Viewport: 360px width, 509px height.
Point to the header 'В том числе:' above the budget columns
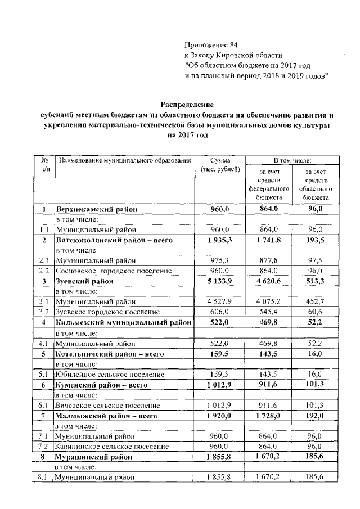coord(292,161)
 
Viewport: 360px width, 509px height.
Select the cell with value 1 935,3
coord(221,240)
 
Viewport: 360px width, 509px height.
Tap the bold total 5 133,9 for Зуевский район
coord(221,281)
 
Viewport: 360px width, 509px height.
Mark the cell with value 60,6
coord(316,311)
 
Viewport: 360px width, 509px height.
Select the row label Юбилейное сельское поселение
coord(107,373)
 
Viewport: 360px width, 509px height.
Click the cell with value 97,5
coord(316,260)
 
